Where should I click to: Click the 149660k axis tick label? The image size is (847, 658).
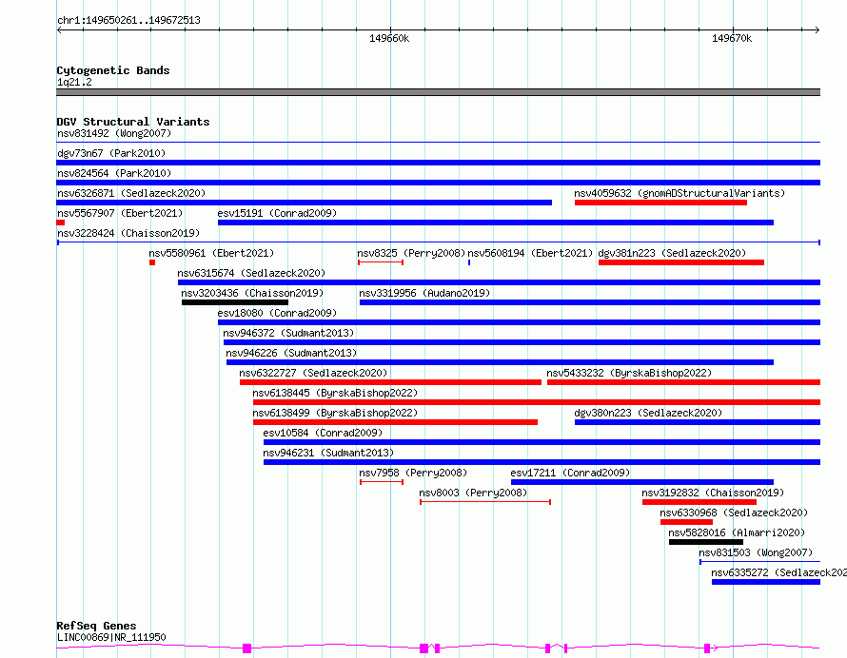coord(389,38)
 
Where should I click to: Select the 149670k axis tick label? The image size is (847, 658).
coord(732,38)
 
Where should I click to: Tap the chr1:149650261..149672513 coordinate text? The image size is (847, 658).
coord(128,20)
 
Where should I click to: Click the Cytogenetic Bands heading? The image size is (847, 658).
coord(113,70)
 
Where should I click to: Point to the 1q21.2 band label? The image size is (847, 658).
coord(74,82)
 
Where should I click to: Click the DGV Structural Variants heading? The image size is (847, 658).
coord(133,122)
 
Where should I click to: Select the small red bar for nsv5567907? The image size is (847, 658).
coord(61,223)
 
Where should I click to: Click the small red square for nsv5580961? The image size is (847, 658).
coord(152,262)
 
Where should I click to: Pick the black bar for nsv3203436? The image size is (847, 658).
coord(235,302)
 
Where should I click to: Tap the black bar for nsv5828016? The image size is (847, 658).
coord(706,542)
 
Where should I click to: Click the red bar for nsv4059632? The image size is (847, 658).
coord(660,203)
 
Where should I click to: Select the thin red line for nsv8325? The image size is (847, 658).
coord(381,262)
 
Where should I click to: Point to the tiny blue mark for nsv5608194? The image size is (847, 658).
coord(469,262)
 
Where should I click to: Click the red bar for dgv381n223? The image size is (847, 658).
coord(681,262)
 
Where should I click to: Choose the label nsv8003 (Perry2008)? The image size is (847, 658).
coord(473,493)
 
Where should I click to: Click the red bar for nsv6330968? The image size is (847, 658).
coord(686,522)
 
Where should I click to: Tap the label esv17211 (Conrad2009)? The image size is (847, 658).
coord(570,473)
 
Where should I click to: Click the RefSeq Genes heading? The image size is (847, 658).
coord(96,626)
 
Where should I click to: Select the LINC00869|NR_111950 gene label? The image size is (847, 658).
coord(111,637)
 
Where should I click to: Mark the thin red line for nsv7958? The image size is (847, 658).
coord(382,482)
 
